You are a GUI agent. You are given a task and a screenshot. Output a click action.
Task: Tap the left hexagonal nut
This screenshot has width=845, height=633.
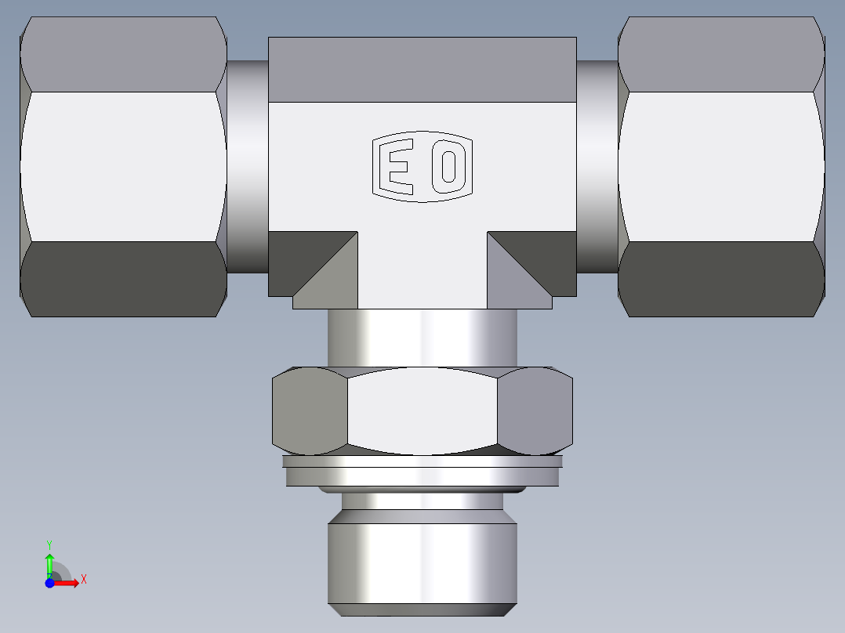123,166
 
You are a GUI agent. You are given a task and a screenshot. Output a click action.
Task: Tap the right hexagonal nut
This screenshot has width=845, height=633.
721,166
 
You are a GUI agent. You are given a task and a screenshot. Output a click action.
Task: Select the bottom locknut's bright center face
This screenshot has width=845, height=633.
422,412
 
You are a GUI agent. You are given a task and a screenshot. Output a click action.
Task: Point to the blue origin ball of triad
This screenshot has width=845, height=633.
49,583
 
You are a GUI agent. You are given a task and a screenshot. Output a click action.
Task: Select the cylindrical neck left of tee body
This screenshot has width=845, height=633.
248,166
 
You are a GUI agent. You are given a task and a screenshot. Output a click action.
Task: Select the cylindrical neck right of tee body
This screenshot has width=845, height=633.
597,166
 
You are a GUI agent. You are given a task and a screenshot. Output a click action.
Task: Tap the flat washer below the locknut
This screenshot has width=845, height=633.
422,472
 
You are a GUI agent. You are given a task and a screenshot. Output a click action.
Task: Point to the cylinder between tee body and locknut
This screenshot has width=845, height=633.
422,337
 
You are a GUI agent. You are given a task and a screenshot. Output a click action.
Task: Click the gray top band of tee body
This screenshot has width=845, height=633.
422,69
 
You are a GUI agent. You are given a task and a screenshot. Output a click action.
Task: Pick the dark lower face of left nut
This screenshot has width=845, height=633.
123,279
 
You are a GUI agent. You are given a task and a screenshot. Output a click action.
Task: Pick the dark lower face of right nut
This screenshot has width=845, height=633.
721,279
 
